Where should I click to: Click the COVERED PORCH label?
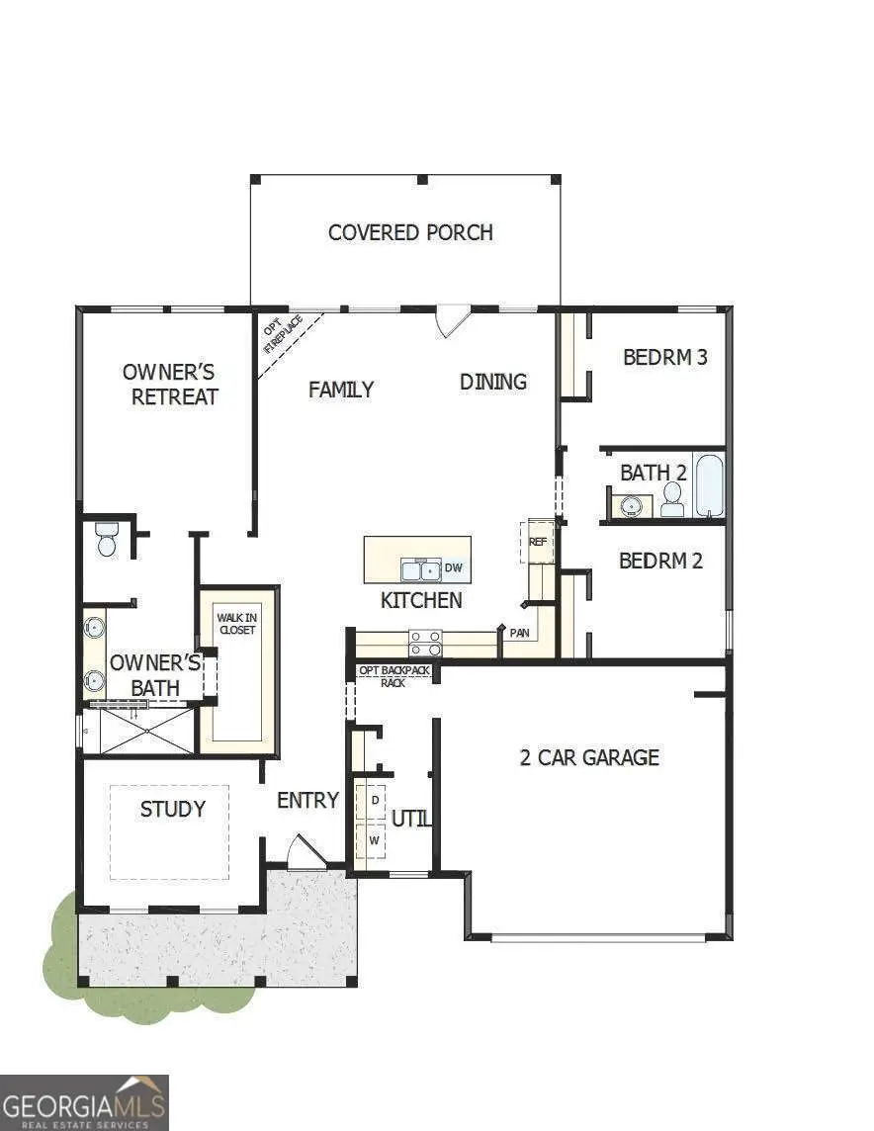pos(410,232)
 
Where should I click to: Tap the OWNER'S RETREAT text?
pos(170,385)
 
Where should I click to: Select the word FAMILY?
pos(341,390)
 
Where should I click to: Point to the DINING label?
pos(493,382)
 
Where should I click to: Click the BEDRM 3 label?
pos(664,357)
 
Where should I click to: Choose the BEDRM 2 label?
pos(660,561)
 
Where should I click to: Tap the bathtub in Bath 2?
pos(710,485)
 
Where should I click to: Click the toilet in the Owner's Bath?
pos(107,540)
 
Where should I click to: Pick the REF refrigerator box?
pos(538,542)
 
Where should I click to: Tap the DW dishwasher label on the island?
pos(454,567)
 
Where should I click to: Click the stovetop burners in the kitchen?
pos(425,644)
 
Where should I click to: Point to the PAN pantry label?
pos(519,633)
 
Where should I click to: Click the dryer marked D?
pos(374,799)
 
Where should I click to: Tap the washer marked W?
pos(374,839)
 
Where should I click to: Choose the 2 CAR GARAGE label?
pos(589,757)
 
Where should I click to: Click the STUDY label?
pos(173,809)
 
